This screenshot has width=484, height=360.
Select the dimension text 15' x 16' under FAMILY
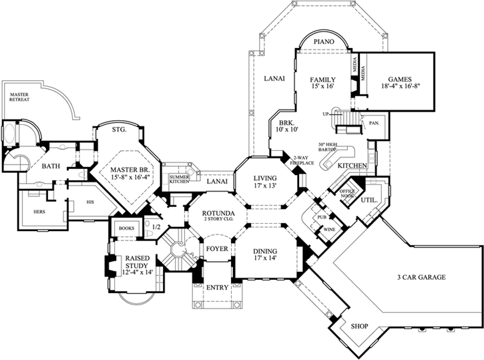point(322,87)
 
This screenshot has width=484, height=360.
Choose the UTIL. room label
point(369,199)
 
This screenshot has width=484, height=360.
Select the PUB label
point(322,217)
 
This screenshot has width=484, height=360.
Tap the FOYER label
point(216,249)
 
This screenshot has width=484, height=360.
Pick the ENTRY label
point(217,288)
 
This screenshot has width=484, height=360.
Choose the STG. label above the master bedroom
point(119,130)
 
